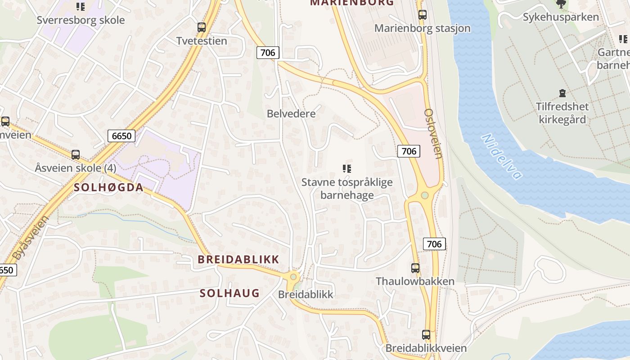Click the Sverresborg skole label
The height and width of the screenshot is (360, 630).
[81, 20]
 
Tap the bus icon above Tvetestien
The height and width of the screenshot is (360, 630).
[202, 27]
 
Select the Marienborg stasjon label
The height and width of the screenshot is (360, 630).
[422, 28]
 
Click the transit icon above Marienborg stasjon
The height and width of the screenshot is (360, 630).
[422, 15]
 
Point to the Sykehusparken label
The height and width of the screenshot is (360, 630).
[561, 17]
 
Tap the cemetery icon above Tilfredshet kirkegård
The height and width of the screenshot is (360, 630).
[562, 94]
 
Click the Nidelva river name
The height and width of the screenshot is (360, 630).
[502, 156]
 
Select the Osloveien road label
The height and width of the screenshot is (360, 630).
[433, 133]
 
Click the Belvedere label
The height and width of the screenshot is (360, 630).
[291, 113]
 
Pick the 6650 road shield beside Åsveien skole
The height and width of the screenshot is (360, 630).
[121, 135]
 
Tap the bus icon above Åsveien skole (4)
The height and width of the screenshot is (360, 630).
[76, 155]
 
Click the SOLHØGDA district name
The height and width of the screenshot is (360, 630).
[108, 188]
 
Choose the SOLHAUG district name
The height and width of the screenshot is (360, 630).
[229, 293]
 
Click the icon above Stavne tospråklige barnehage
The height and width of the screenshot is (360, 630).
[346, 169]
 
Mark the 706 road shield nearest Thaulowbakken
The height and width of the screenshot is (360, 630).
[434, 244]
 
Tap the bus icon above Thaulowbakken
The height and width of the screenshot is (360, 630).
[415, 268]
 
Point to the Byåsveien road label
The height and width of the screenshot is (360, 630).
[30, 238]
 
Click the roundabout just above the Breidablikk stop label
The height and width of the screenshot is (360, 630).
[294, 277]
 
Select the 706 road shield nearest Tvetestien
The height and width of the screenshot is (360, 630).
[268, 53]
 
